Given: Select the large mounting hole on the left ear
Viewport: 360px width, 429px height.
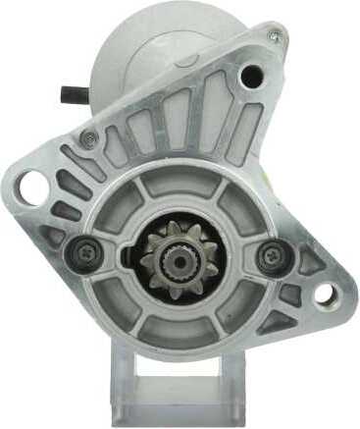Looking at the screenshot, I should (x=30, y=184).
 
